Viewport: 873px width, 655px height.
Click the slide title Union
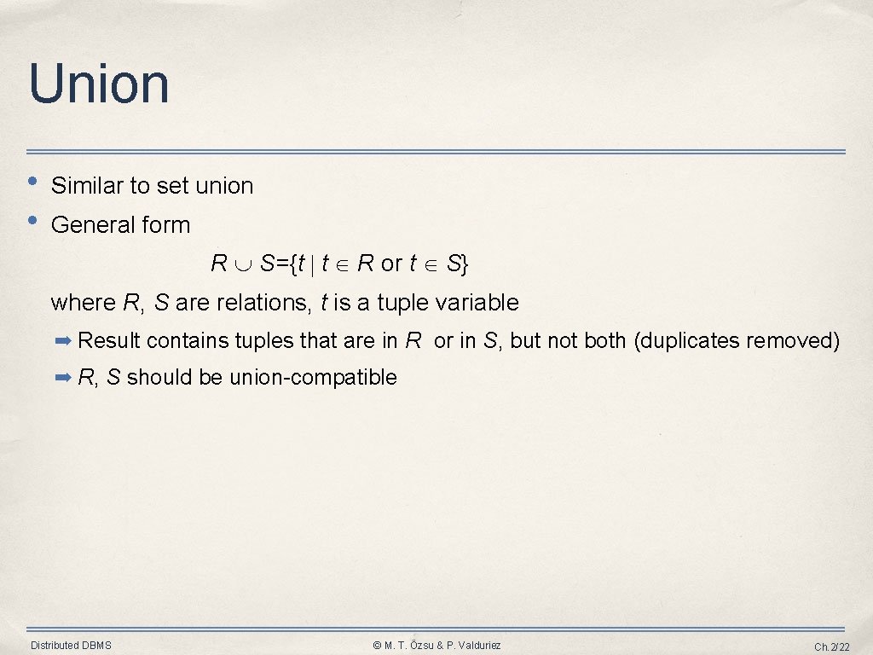tap(99, 84)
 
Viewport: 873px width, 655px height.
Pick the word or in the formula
tap(391, 264)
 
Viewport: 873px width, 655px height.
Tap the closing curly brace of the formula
tap(464, 264)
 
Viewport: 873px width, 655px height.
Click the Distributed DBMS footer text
tap(71, 646)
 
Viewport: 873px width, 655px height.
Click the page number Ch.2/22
tap(831, 646)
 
